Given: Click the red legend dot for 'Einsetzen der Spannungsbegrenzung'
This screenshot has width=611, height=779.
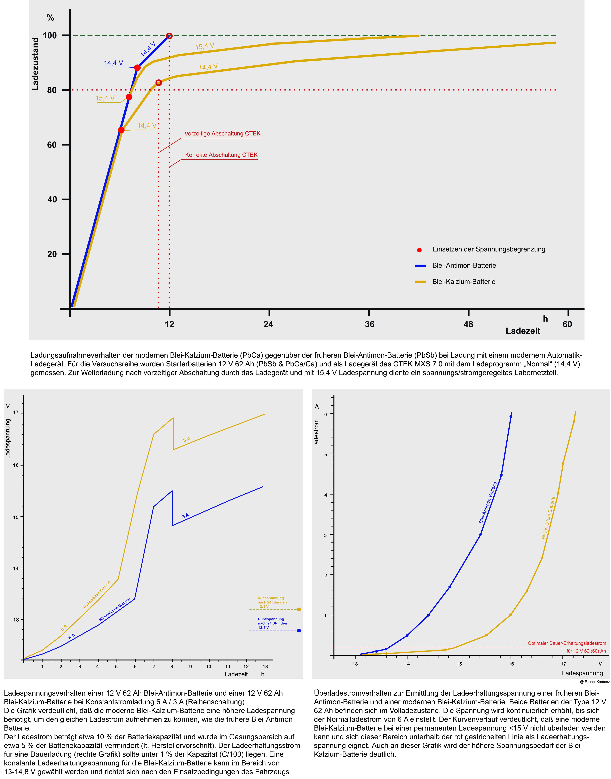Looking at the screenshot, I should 419,250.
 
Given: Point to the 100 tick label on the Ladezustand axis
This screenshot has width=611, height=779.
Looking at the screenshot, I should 50,35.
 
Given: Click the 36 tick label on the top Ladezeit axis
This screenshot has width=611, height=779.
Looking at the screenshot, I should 369,324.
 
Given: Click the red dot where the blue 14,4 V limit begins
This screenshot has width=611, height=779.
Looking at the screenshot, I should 137,68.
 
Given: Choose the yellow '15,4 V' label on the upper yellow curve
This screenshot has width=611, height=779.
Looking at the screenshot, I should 205,46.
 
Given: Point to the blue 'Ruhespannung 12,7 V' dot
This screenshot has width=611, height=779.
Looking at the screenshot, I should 299,631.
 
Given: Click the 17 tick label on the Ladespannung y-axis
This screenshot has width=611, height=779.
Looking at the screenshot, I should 16,413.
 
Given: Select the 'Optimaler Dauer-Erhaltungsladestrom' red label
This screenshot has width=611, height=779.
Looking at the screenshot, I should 567,643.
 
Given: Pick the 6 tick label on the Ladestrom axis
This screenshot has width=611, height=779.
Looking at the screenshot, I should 326,414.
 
